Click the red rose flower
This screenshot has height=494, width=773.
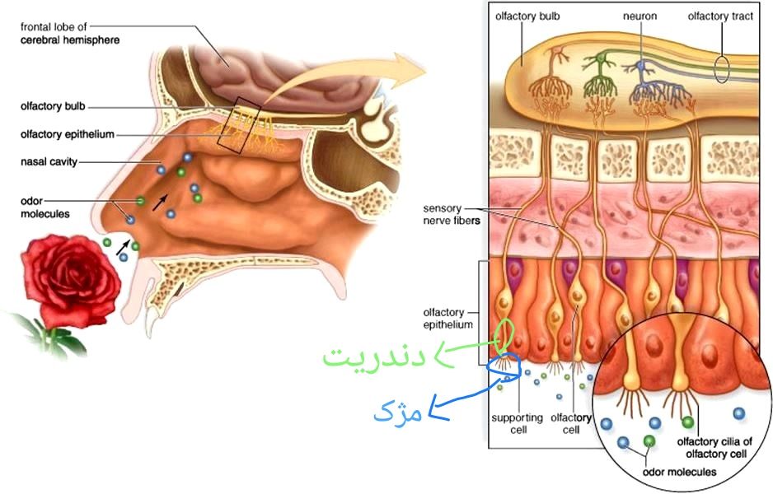click(x=70, y=281)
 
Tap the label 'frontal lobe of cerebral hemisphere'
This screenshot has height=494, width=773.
click(x=70, y=33)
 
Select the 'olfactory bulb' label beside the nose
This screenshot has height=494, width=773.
click(x=53, y=106)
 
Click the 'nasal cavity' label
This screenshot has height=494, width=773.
click(x=49, y=161)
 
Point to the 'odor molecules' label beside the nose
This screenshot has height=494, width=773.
click(x=45, y=207)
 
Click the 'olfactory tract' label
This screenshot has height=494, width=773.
click(x=720, y=16)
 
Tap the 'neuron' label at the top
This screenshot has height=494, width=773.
click(x=639, y=16)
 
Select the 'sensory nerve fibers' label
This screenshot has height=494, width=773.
click(x=452, y=214)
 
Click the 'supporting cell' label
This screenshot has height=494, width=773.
click(x=517, y=423)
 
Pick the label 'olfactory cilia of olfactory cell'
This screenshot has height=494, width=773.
click(x=714, y=447)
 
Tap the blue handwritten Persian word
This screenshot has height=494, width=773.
click(x=397, y=412)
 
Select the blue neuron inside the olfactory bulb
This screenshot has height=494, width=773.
click(x=641, y=67)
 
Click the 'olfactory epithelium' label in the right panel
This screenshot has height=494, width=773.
click(x=447, y=318)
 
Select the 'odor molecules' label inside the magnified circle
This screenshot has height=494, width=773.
click(x=679, y=472)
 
